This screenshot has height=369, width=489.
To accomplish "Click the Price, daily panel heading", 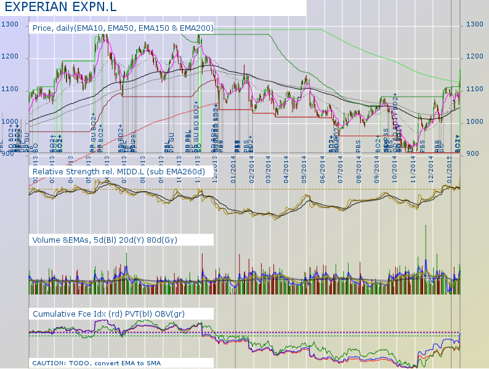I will pyautogui.click(x=123, y=28).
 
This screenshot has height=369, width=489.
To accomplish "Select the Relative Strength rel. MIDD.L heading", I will pyautogui.click(x=118, y=171).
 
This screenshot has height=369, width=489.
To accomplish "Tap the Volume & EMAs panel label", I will pyautogui.click(x=105, y=241).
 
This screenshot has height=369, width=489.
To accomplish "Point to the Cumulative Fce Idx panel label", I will pyautogui.click(x=117, y=314).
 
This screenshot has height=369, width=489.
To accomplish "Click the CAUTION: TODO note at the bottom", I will pyautogui.click(x=96, y=363).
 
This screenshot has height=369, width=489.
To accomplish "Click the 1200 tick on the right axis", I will pyautogui.click(x=474, y=57).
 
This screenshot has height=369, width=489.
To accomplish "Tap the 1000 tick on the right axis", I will pyautogui.click(x=474, y=121).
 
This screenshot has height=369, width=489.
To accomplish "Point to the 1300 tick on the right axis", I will pyautogui.click(x=474, y=24).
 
